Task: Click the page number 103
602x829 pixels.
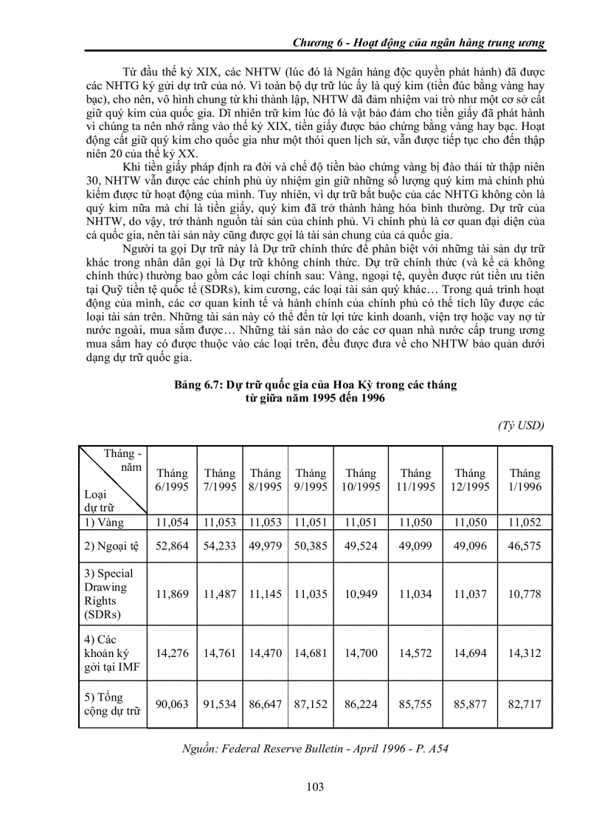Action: (x=315, y=786)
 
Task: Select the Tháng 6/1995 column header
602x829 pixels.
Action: (x=171, y=480)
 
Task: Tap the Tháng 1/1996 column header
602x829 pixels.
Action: (x=525, y=480)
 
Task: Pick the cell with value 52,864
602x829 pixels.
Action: (x=171, y=547)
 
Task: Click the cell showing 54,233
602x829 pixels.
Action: (x=220, y=547)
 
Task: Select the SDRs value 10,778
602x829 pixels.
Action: (x=525, y=594)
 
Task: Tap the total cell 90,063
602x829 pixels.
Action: (x=171, y=704)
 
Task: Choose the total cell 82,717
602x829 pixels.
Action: (x=525, y=704)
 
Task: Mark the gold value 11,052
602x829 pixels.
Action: (x=525, y=523)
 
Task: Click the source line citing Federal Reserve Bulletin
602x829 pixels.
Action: (x=315, y=749)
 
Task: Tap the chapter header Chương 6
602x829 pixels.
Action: (x=418, y=42)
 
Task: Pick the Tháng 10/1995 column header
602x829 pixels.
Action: (x=361, y=480)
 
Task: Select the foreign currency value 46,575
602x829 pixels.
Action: (x=525, y=547)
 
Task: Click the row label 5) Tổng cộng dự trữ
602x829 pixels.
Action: (x=111, y=704)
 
